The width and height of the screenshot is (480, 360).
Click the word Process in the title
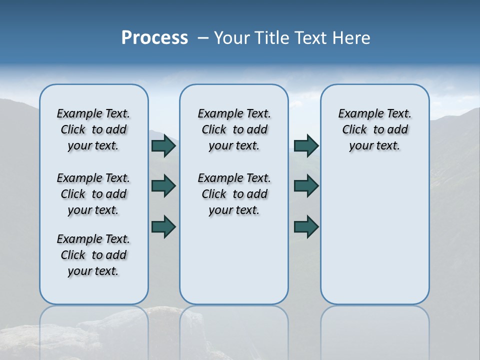coord(154,38)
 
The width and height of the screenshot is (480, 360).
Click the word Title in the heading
coord(273,38)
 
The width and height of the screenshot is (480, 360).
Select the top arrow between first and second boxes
coord(163,146)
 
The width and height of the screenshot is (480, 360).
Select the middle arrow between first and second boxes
coord(163,186)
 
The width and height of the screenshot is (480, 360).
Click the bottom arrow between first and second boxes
coord(163,226)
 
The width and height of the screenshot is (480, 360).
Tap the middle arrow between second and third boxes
coord(306,186)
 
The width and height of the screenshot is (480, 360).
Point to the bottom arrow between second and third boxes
coord(306,226)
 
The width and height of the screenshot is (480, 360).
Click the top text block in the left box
coord(93,129)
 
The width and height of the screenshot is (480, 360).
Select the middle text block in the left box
coord(93,194)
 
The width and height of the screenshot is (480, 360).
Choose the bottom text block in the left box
coord(93,255)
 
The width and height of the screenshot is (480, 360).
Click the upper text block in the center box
coord(234,129)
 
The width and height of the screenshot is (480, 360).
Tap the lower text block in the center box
coord(234,194)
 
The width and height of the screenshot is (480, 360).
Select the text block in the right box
coord(375,129)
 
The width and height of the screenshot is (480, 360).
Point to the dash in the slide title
coord(203,38)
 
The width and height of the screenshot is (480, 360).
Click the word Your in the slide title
coord(231,38)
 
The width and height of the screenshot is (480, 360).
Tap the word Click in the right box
coord(354,130)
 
